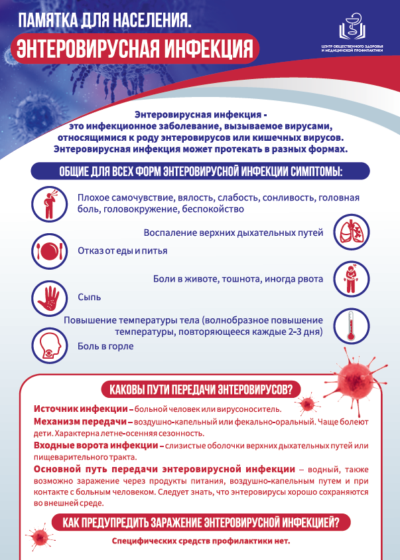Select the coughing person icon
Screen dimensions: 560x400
click(48, 204)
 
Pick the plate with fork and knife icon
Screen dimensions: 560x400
click(48, 251)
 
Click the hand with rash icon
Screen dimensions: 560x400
click(48, 297)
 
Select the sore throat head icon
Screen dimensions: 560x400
click(48, 345)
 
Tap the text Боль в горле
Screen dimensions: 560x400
click(105, 346)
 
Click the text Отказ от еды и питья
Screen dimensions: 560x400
click(122, 251)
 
